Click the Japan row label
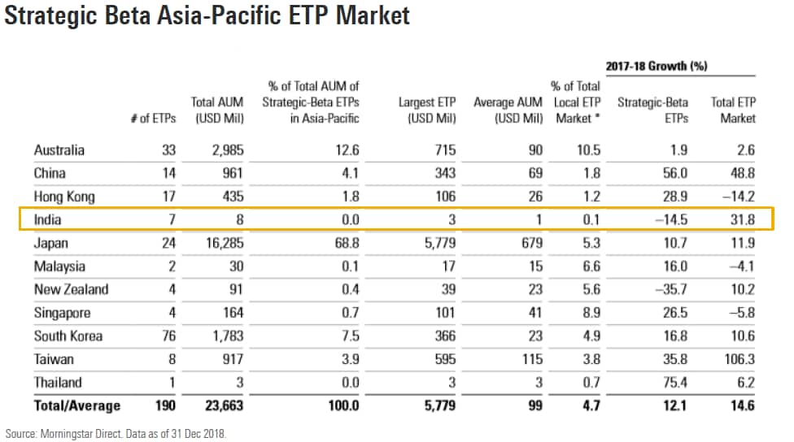(x=50, y=243)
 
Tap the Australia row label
(x=59, y=150)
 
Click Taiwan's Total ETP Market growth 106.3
(x=737, y=359)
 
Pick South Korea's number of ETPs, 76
(x=168, y=336)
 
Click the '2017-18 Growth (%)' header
(x=656, y=66)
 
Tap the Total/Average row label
(x=77, y=405)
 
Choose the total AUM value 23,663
(x=218, y=405)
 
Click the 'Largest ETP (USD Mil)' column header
(x=427, y=110)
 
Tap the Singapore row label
(x=62, y=313)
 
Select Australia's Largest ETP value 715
(x=444, y=150)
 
